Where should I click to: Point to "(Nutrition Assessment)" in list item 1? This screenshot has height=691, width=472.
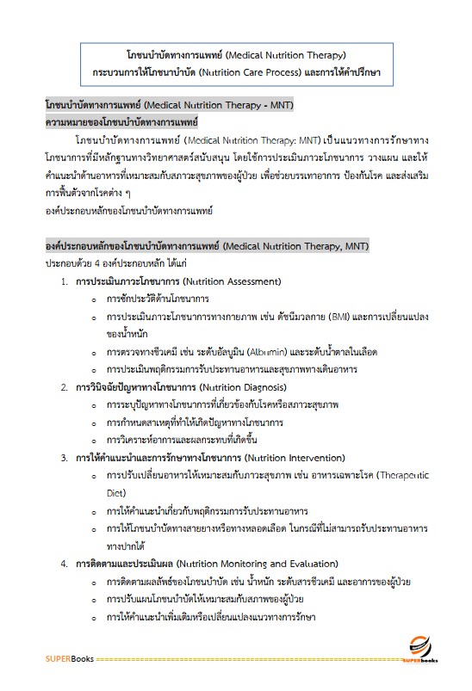point(233,281)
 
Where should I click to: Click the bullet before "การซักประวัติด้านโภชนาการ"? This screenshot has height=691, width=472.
point(94,299)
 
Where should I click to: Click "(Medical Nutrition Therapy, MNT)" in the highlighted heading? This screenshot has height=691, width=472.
point(295,246)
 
